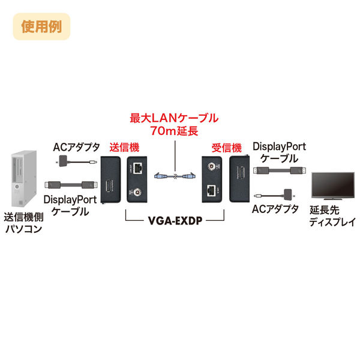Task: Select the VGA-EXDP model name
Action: [174, 220]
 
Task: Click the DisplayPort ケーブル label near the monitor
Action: [279, 152]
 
